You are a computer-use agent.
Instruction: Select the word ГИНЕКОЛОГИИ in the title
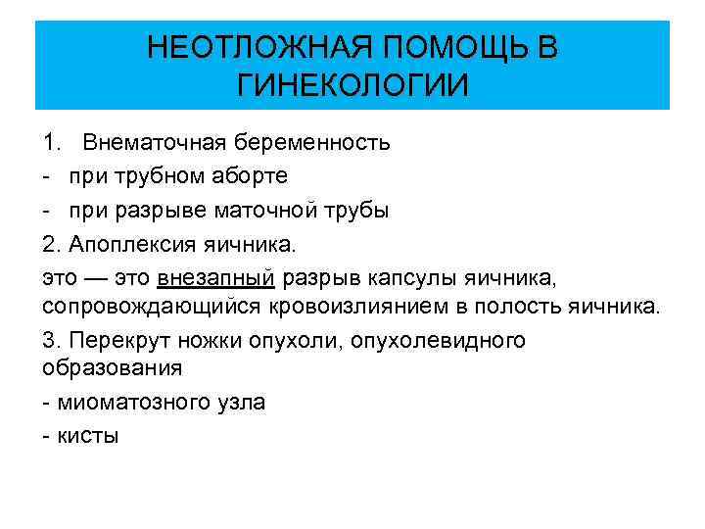[352, 84]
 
